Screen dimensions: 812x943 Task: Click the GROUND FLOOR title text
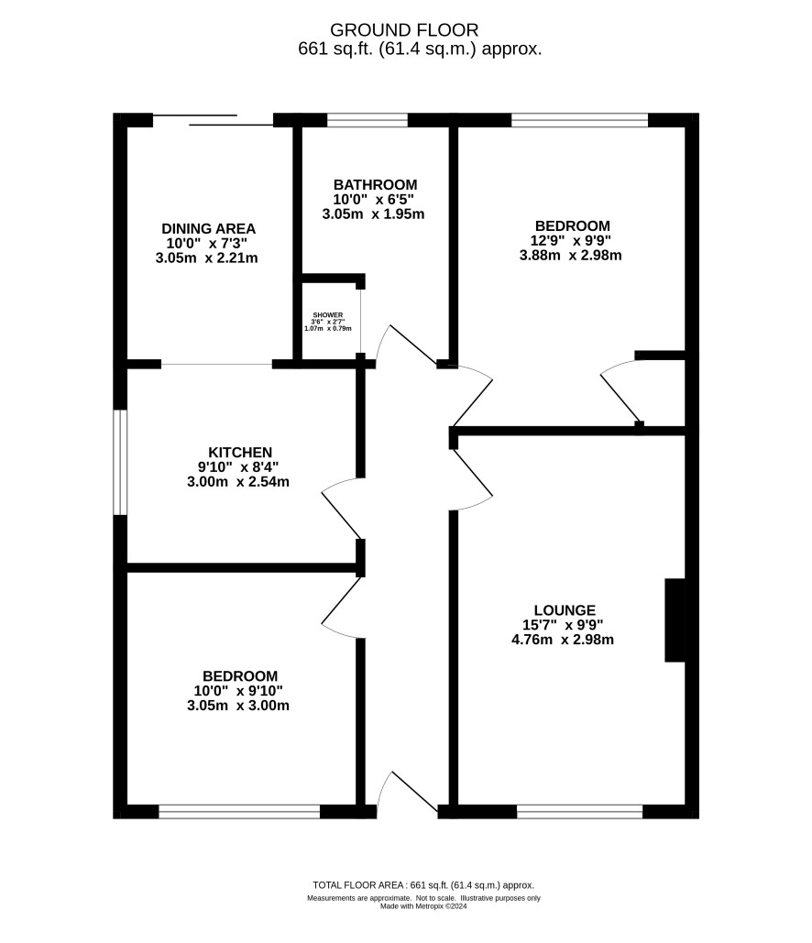pos(404,30)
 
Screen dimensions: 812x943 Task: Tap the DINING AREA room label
pos(209,229)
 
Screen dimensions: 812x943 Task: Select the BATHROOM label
pos(376,184)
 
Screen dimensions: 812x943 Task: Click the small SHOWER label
pos(328,315)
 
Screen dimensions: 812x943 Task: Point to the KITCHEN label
pos(240,453)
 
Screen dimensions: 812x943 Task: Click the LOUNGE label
pos(565,610)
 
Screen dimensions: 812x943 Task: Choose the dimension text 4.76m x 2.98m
pos(563,640)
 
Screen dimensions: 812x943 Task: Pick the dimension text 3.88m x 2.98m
pos(571,255)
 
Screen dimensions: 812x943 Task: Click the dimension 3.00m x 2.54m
pos(238,482)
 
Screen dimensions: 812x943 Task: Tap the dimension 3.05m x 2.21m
pos(207,258)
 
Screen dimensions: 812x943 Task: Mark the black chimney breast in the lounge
pos(675,620)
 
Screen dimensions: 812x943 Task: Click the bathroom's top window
pos(367,120)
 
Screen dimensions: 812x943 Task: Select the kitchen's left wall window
pos(120,463)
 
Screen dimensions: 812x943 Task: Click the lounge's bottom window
pos(580,812)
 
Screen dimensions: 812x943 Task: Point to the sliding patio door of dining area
pos(213,120)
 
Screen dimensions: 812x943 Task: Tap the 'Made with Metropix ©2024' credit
pos(423,906)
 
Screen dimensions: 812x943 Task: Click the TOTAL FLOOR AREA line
pos(423,885)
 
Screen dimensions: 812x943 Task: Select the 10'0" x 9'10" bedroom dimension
pos(238,691)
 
